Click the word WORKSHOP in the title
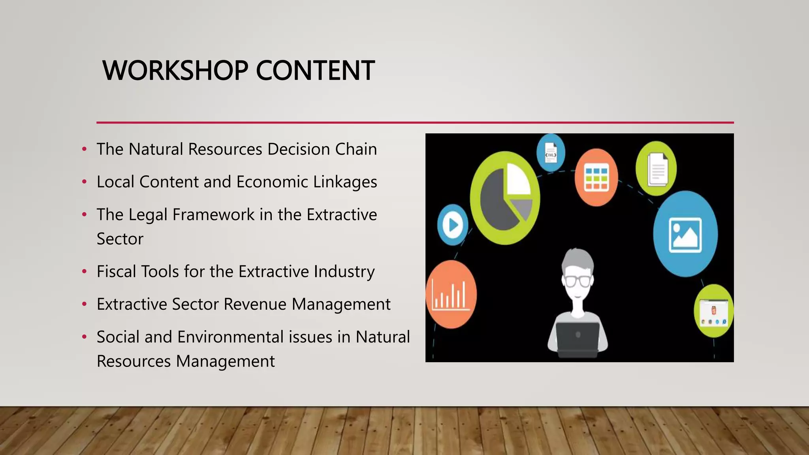175,71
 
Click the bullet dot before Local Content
84,182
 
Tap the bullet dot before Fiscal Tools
84,272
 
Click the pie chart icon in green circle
505,198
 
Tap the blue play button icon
453,225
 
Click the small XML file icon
551,153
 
